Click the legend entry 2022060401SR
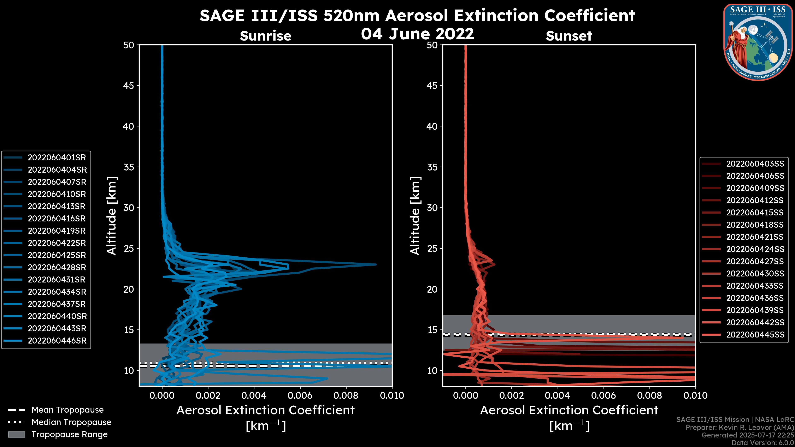click(x=57, y=158)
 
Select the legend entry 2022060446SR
click(x=57, y=341)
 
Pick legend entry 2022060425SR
click(x=57, y=255)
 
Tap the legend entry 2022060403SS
click(x=755, y=164)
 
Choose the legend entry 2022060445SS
click(x=755, y=335)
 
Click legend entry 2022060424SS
click(x=755, y=249)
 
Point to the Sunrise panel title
click(x=265, y=36)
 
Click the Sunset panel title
click(x=569, y=36)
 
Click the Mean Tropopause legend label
click(x=67, y=410)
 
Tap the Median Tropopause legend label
click(x=71, y=422)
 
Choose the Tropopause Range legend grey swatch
click(x=16, y=435)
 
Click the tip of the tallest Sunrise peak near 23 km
click(x=376, y=264)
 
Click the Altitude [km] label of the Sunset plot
click(x=415, y=216)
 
